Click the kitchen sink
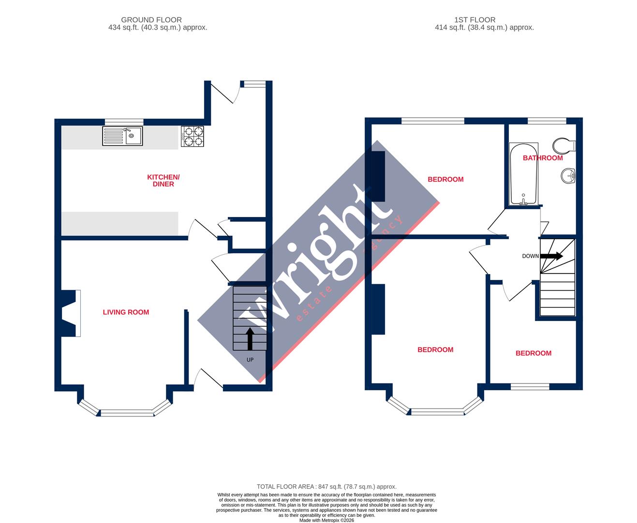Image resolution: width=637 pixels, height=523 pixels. click(x=122, y=136)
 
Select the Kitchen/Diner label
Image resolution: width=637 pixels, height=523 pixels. click(x=163, y=181)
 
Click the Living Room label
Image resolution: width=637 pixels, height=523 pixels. click(x=126, y=312)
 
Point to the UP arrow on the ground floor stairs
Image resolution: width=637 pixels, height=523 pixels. click(x=250, y=338)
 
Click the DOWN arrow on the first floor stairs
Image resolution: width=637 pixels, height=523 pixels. click(x=551, y=256)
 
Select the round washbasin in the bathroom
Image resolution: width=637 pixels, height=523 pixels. click(x=568, y=175)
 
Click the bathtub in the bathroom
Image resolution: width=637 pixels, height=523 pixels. click(x=523, y=173)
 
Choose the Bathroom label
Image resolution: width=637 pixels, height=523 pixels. click(x=543, y=158)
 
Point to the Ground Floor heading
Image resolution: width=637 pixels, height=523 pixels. click(x=151, y=20)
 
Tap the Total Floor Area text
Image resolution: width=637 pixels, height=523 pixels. click(x=326, y=487)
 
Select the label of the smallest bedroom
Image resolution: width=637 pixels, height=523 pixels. click(x=533, y=353)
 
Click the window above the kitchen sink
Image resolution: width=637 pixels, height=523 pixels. click(x=124, y=122)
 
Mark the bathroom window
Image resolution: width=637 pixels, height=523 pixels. click(x=547, y=121)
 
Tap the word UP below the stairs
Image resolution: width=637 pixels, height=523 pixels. click(x=250, y=360)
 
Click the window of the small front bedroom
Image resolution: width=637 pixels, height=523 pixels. click(x=530, y=386)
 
